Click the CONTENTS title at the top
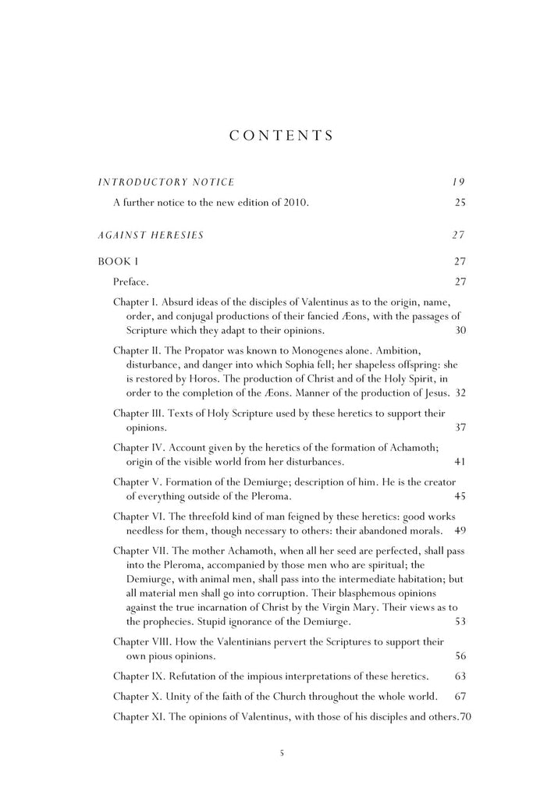point(282,135)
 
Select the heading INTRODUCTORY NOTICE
point(165,183)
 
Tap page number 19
point(459,183)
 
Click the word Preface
point(131,281)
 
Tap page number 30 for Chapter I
point(460,330)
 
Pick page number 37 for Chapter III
point(460,428)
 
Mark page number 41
point(460,461)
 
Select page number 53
point(460,622)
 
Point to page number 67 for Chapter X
point(460,695)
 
